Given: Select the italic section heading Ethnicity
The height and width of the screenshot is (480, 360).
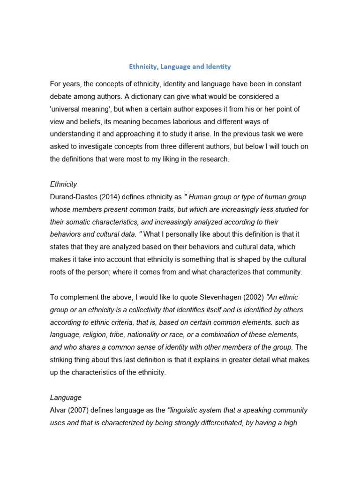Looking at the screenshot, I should pyautogui.click(x=63, y=184).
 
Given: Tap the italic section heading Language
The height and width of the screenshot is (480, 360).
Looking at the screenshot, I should pyautogui.click(x=66, y=397).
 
